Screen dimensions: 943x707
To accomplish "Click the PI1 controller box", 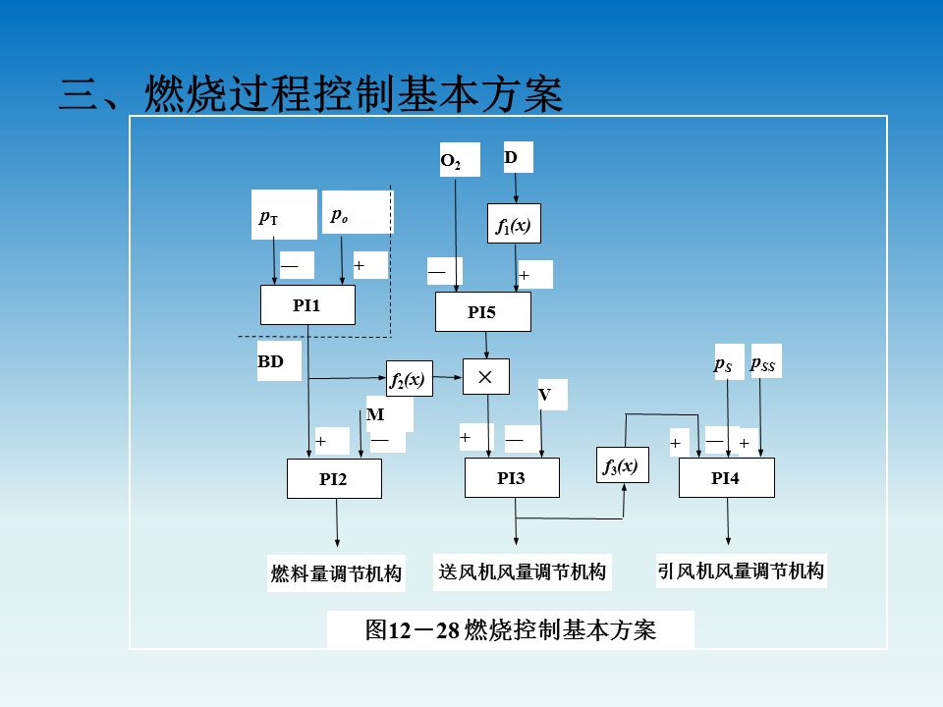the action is (306, 305).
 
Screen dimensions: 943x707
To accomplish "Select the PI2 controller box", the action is (334, 479).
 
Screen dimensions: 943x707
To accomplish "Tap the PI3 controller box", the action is (511, 478).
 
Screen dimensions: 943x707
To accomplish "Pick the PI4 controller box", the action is (726, 478).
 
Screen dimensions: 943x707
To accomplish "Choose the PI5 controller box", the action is (482, 312).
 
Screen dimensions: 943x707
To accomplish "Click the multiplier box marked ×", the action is (485, 376).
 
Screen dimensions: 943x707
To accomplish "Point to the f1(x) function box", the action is (513, 225).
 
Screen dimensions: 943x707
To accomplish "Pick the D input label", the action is (511, 157).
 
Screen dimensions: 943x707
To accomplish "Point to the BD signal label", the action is (271, 362).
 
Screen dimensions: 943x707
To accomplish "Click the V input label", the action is (544, 395).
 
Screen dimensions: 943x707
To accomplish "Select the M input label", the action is (375, 414).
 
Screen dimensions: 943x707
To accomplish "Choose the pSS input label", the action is (763, 364).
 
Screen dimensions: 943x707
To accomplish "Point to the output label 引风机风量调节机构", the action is (741, 571).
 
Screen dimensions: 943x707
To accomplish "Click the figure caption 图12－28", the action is (510, 629).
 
